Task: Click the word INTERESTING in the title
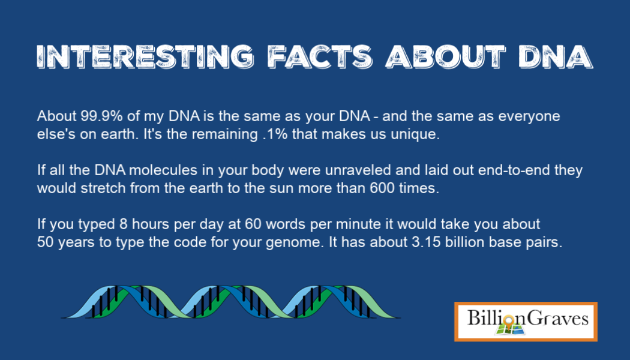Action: [145, 56]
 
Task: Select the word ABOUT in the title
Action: [445, 56]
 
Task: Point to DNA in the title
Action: [555, 56]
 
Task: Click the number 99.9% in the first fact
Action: [101, 116]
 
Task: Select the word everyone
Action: [529, 117]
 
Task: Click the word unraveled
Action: [358, 170]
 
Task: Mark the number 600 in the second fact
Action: [382, 188]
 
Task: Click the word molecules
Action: [163, 170]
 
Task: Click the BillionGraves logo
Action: [526, 322]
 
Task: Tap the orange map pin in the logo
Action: [509, 322]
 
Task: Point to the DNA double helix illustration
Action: [230, 302]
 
